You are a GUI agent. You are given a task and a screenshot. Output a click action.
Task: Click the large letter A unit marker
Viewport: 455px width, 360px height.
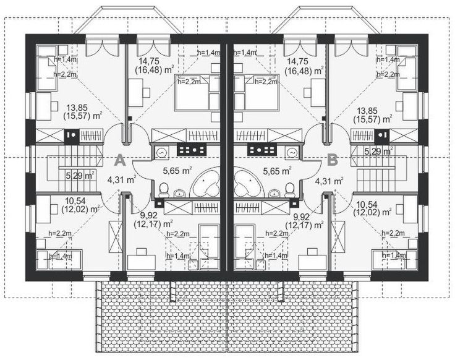(121, 161)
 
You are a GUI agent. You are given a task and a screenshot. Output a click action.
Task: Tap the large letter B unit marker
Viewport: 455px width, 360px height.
(333, 160)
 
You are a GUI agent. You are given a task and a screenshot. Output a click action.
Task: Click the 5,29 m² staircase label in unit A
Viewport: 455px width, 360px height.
(79, 176)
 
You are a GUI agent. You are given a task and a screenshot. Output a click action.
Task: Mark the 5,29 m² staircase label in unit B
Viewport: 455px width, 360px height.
(378, 150)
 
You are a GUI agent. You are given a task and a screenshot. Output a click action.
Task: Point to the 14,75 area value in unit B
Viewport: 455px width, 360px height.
(300, 62)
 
